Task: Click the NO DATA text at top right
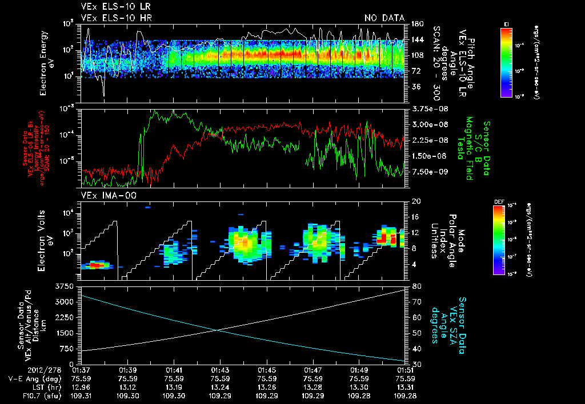[x=384, y=18]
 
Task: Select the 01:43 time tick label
[x=220, y=370]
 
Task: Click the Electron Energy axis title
[x=46, y=60]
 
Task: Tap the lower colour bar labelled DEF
[x=498, y=239]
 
